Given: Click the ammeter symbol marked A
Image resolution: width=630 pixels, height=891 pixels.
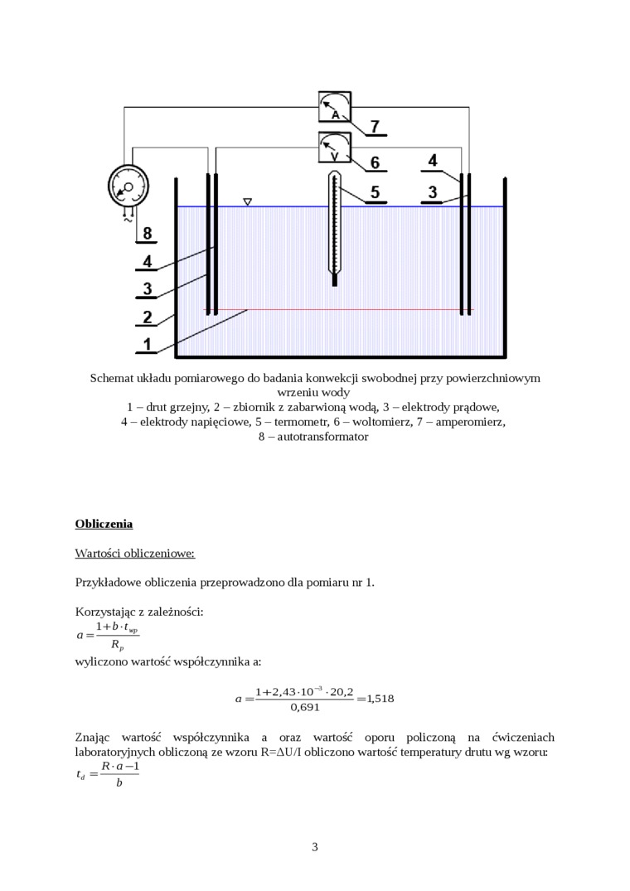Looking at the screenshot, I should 335,108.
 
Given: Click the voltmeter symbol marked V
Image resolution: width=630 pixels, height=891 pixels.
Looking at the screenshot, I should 335,148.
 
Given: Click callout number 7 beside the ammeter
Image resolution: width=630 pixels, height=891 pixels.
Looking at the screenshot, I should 375,127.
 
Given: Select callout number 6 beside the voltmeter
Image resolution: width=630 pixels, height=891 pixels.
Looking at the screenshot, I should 375,162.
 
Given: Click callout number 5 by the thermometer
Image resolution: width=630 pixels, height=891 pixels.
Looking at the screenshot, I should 375,192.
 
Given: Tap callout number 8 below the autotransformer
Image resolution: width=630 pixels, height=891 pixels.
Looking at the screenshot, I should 148,233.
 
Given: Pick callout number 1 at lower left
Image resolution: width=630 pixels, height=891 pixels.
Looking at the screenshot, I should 148,343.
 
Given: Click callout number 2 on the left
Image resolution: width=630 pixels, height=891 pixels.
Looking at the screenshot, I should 148,317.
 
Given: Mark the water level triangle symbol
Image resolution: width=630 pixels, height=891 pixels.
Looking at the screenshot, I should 246,201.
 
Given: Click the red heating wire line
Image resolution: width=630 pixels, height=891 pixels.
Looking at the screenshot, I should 332,310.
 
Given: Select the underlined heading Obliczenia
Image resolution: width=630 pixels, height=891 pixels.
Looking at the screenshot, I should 104,524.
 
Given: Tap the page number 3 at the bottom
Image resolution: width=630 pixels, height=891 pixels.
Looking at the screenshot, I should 315,846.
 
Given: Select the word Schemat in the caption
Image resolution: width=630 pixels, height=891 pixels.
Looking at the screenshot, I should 111,377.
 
